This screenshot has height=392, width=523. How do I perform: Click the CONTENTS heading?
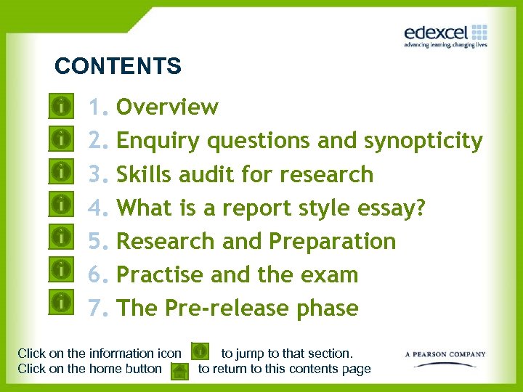(x=118, y=67)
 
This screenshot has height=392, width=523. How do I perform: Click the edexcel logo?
(x=445, y=34)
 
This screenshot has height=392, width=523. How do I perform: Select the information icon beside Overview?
(x=63, y=106)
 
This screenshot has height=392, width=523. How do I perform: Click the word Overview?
(x=167, y=107)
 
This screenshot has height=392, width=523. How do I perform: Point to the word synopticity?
(x=423, y=141)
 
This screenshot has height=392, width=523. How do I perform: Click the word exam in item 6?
(x=331, y=275)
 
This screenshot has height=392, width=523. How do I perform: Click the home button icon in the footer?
(x=179, y=371)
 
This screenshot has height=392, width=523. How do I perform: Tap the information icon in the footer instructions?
(x=200, y=353)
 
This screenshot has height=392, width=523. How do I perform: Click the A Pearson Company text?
(x=445, y=355)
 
